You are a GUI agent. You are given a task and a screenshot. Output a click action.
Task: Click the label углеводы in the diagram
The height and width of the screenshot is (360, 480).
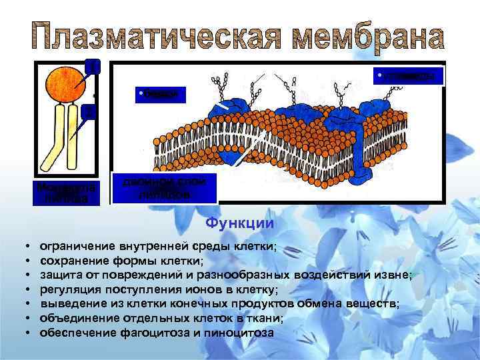coord(409,77)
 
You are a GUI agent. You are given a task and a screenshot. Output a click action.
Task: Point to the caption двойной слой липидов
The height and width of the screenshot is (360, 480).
coord(165,188)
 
